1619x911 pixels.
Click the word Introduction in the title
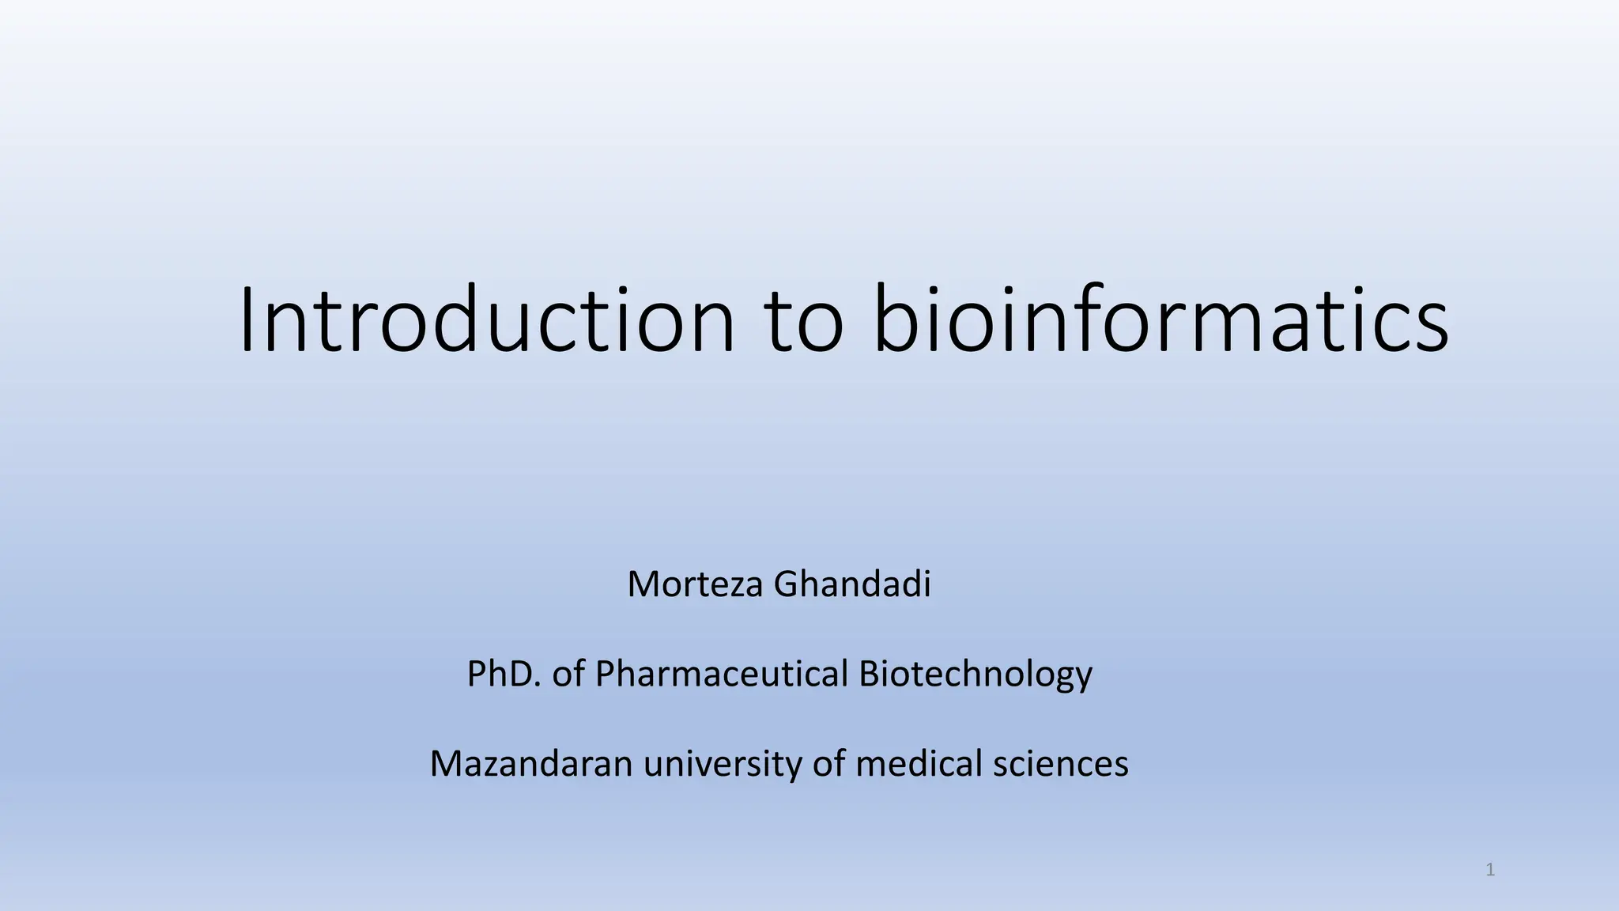click(x=486, y=319)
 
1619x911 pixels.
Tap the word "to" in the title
click(x=805, y=319)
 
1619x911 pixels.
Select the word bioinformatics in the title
click(x=1161, y=319)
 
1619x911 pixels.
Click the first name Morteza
click(x=696, y=584)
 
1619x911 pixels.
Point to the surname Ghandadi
click(x=852, y=584)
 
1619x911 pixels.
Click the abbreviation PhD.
click(x=504, y=674)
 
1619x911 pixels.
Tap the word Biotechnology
click(x=976, y=674)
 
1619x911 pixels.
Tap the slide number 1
click(x=1490, y=871)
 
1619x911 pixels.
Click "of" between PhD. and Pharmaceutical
click(x=568, y=674)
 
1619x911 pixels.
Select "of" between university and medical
click(x=828, y=764)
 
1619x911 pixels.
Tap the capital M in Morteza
click(x=644, y=584)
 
